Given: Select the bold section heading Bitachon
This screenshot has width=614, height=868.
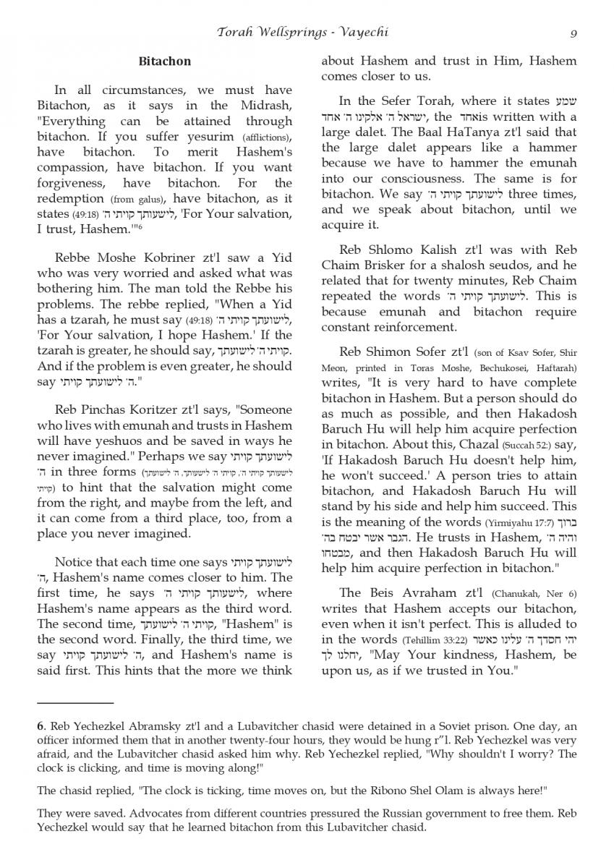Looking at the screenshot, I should (165, 62).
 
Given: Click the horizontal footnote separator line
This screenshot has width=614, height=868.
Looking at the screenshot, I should (75, 702).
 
